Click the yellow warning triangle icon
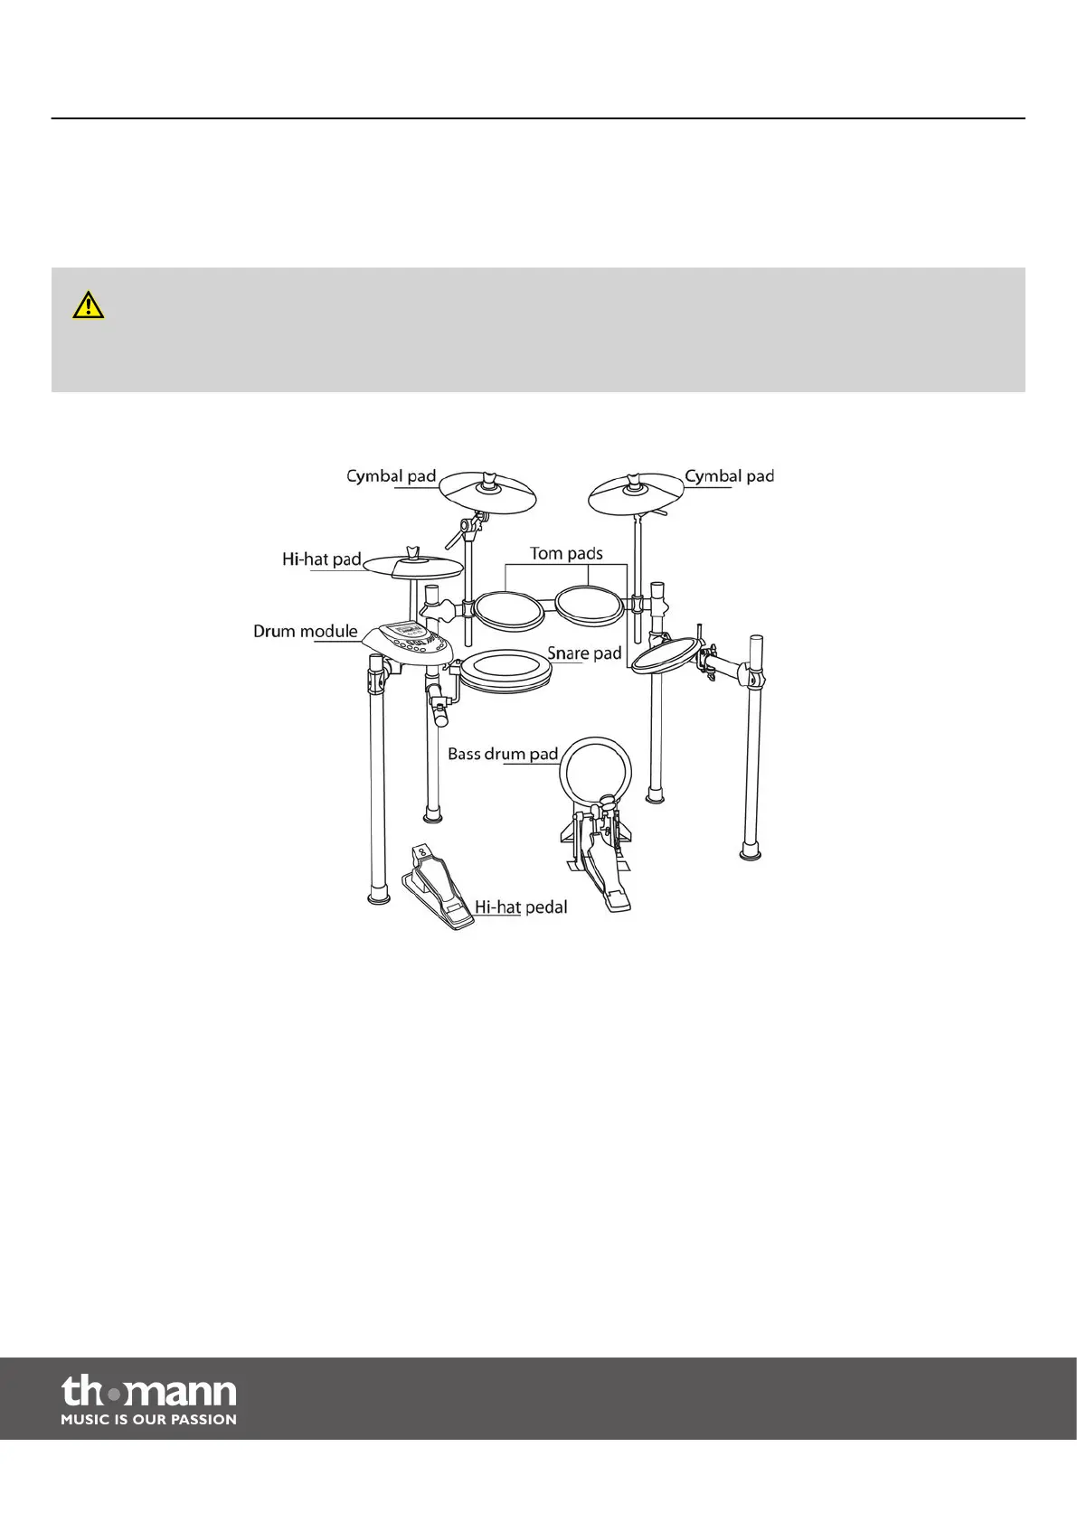[88, 305]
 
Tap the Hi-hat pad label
[321, 559]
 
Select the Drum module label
[305, 631]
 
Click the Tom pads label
[566, 553]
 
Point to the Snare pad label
[584, 653]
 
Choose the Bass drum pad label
[503, 753]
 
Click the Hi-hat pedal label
[521, 907]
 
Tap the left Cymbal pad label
[391, 475]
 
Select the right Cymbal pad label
[729, 475]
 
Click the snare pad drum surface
[506, 672]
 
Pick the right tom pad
[588, 604]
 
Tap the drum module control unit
[409, 644]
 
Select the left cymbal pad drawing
[488, 491]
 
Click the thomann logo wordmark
[149, 1391]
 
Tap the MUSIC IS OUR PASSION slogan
[149, 1420]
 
